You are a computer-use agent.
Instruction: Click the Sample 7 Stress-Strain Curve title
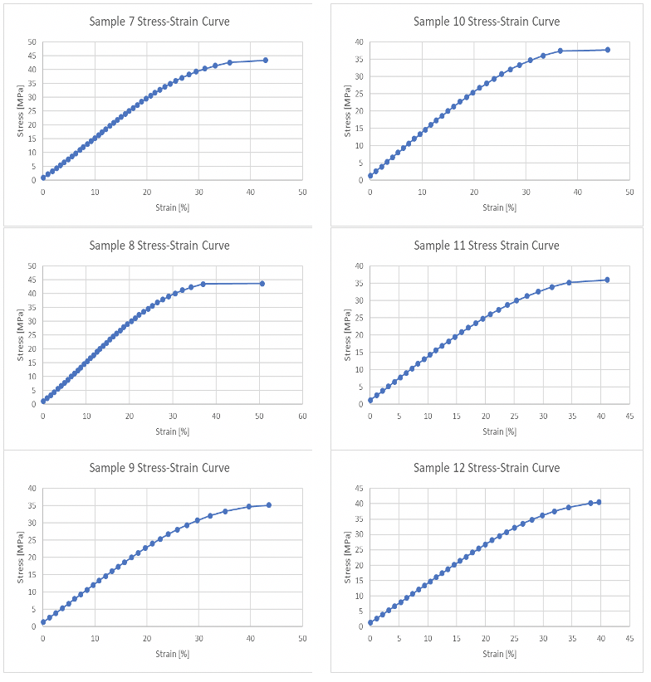coord(159,21)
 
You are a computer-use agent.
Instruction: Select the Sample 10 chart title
coord(487,21)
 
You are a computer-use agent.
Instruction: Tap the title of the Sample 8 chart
coord(159,246)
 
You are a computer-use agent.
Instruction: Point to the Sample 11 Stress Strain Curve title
coord(487,246)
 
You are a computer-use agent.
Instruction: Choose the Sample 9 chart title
coord(159,468)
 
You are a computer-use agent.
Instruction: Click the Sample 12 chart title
coord(487,468)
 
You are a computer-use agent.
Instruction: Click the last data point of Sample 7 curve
coord(266,60)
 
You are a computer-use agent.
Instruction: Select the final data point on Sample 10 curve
coord(608,50)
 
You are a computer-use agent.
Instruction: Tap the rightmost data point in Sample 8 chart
coord(262,284)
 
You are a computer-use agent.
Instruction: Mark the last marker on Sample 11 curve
coord(607,280)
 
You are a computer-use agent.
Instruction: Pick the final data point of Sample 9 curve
coord(269,505)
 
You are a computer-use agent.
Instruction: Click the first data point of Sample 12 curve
coord(370,622)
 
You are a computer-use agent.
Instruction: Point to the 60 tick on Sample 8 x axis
coord(302,416)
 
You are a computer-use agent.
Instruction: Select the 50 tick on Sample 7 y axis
coord(32,41)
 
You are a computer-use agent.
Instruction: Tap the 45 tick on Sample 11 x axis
coord(630,416)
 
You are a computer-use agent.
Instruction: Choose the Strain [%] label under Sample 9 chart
coord(173,654)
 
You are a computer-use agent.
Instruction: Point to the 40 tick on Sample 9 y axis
coord(32,488)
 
